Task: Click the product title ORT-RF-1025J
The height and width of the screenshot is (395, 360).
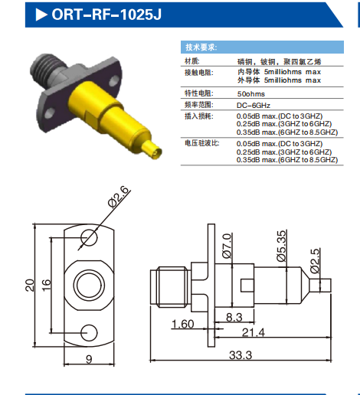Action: pyautogui.click(x=107, y=13)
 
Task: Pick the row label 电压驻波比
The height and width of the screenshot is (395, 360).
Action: pyautogui.click(x=200, y=143)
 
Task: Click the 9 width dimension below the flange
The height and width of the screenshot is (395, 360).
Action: pyautogui.click(x=89, y=357)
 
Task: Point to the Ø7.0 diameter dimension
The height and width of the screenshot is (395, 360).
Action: pyautogui.click(x=227, y=246)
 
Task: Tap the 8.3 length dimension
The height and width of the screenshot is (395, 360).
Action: pyautogui.click(x=234, y=315)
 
